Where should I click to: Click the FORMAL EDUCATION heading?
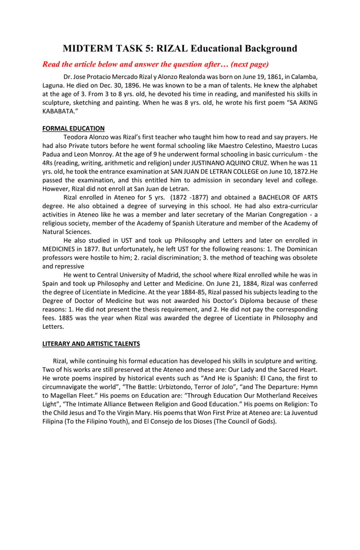click(x=73, y=129)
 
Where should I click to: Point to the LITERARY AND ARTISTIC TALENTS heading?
click(x=91, y=344)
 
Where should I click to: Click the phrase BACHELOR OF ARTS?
click(x=288, y=197)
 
